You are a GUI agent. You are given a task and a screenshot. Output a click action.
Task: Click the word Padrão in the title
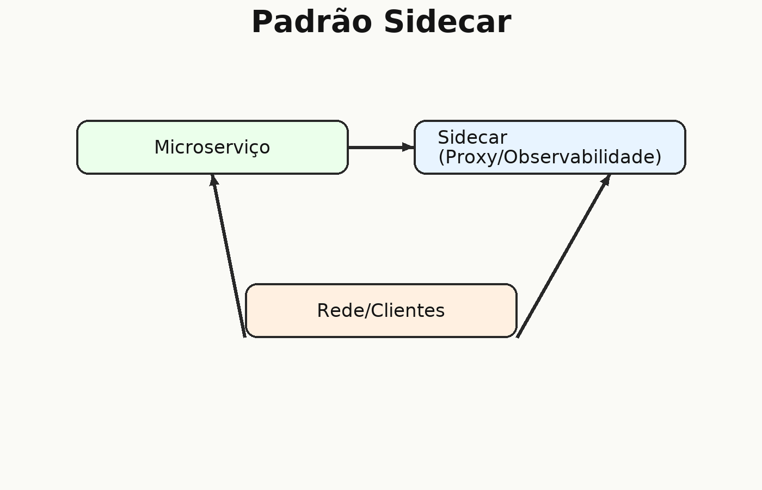311,22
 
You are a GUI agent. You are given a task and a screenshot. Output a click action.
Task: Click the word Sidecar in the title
447,22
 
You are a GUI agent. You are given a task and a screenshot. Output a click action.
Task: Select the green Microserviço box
213,148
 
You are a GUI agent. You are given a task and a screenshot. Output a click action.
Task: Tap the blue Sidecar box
550,148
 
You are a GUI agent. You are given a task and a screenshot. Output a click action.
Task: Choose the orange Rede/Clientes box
381,310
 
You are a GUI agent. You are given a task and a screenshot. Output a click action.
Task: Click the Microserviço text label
212,148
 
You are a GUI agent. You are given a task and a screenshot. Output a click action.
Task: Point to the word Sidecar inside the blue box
472,137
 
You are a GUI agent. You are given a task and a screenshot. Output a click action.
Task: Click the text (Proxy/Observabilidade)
550,157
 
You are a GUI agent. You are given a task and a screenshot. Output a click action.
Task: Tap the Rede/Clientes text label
381,311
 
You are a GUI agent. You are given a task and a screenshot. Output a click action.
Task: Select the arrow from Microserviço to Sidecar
382,148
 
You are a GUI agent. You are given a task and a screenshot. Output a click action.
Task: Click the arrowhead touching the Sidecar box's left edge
408,148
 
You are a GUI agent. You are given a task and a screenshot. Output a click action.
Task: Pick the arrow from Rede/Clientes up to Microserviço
228,256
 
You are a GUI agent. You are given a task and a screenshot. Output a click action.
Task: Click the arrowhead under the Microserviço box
213,180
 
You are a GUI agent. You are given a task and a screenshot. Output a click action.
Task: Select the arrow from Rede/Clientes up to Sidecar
564,256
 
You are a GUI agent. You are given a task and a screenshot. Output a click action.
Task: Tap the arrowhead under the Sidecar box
606,180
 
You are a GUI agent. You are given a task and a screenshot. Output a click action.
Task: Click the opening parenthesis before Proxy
441,157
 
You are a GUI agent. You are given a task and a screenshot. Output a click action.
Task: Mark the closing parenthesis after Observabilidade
659,157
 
